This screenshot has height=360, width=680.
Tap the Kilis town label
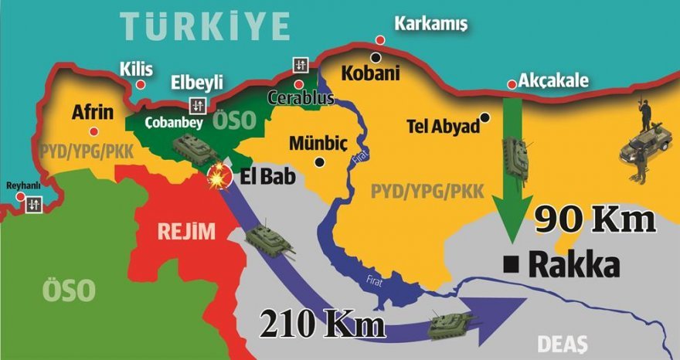point(135,70)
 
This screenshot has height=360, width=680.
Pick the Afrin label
point(93,113)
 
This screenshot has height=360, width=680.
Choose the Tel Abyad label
point(444,127)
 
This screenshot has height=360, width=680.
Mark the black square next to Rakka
point(510,265)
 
